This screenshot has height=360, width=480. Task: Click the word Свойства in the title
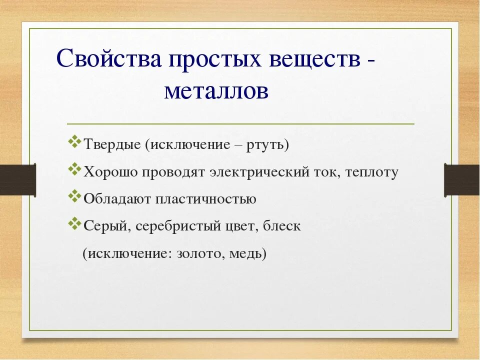pos(108,58)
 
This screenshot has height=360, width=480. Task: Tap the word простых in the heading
pos(215,60)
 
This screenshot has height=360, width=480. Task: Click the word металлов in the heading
pos(216,91)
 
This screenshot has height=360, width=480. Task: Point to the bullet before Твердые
pos(74,141)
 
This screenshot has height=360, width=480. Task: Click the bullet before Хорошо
pos(74,169)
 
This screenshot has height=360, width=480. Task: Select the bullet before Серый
pos(74,223)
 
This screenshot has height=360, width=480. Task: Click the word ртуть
pos(265,145)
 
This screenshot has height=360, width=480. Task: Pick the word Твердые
pos(112,144)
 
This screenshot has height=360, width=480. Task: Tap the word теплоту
pos(372,172)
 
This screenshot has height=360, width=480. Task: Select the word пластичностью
pos(206,199)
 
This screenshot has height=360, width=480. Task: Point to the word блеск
pos(282,226)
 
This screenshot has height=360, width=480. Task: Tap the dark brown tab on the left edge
pos(18,180)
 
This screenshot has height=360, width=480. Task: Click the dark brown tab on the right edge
pos(462,180)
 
